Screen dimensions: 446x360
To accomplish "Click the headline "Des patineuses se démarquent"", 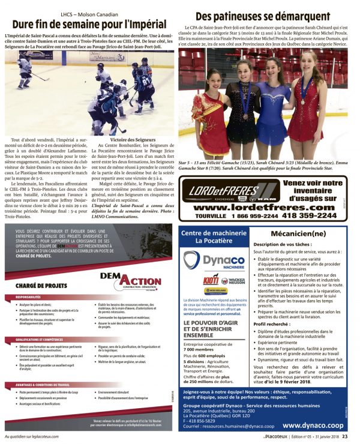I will click(263, 16).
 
